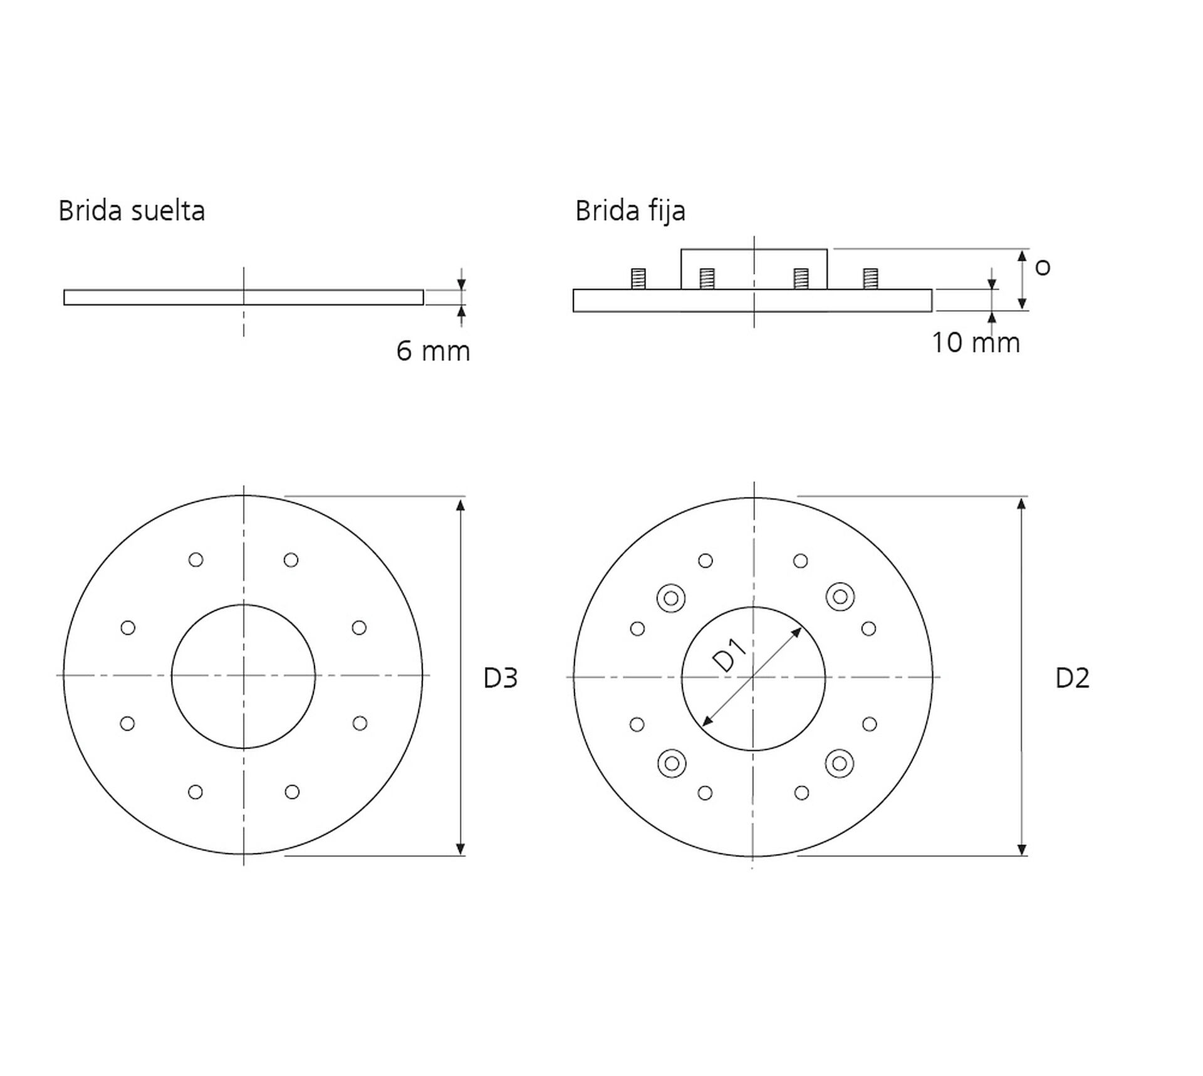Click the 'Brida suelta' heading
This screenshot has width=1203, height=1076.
pyautogui.click(x=132, y=211)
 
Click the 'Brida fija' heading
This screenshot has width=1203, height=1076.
pyautogui.click(x=630, y=211)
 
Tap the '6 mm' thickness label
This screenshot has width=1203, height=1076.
pyautogui.click(x=433, y=351)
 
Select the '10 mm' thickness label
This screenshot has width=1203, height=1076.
pyautogui.click(x=976, y=343)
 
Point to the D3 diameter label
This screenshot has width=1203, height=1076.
pyautogui.click(x=501, y=678)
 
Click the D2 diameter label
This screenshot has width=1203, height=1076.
pyautogui.click(x=1073, y=678)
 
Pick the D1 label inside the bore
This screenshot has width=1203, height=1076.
pyautogui.click(x=730, y=656)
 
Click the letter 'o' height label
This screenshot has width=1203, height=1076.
pyautogui.click(x=1043, y=268)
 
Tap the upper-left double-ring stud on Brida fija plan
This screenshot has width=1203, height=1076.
pyautogui.click(x=671, y=598)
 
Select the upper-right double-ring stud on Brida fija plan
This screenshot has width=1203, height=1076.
pyautogui.click(x=840, y=597)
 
